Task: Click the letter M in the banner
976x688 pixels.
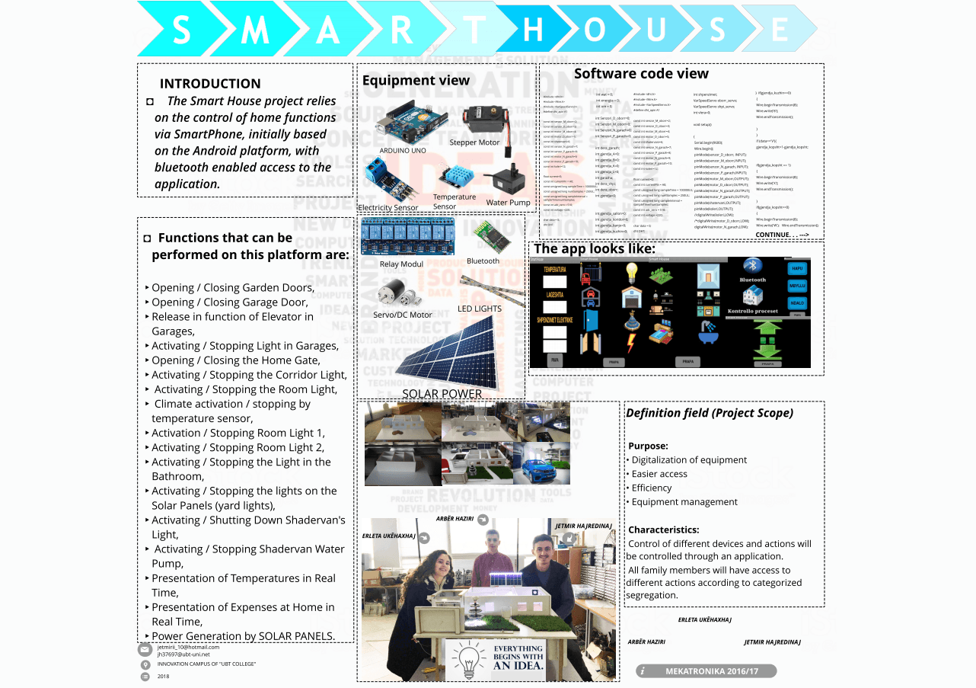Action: [255, 31]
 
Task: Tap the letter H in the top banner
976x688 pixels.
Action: [533, 30]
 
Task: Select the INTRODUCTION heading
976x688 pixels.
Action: [210, 84]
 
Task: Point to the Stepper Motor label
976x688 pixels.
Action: [474, 142]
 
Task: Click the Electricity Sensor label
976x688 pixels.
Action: [388, 207]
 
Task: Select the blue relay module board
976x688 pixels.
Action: [407, 236]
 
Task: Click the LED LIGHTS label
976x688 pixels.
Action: [480, 309]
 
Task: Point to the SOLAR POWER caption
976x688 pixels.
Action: [442, 394]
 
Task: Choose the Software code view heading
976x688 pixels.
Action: [641, 74]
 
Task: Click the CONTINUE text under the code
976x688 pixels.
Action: [786, 235]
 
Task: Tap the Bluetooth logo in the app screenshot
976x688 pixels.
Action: [753, 265]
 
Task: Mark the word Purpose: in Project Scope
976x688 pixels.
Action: [648, 446]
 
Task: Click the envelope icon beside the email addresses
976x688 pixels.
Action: [145, 650]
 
